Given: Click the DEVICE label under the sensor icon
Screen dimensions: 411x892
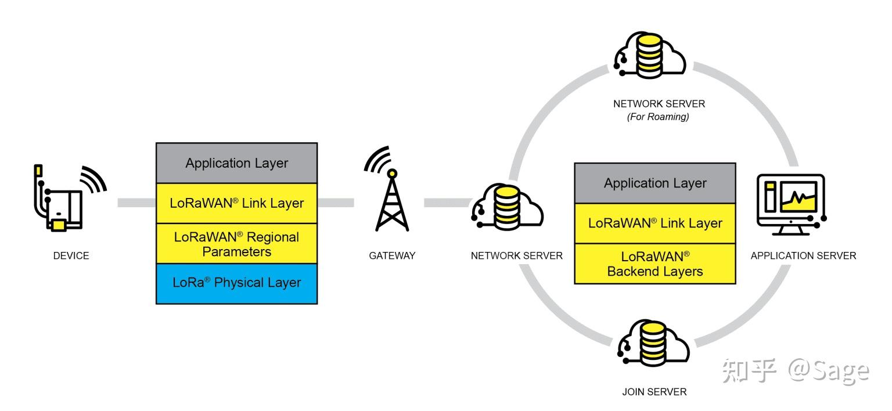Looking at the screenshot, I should click(71, 255).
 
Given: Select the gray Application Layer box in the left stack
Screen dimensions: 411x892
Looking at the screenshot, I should click(236, 163).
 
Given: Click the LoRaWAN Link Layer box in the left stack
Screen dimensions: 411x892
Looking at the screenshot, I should click(236, 203).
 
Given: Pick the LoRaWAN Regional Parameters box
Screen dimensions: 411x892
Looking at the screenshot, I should click(236, 244).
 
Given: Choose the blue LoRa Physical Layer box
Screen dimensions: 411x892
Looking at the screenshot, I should click(236, 283).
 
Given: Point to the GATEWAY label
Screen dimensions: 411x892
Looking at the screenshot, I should click(392, 255).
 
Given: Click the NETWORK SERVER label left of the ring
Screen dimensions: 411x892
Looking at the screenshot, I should click(516, 255).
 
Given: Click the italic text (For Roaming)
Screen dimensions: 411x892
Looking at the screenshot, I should click(659, 117).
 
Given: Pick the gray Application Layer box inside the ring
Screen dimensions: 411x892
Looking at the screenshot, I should click(654, 183).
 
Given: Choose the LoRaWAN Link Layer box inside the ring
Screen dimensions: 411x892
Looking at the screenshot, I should click(654, 223).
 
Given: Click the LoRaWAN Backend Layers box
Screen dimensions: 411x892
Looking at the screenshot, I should click(654, 264).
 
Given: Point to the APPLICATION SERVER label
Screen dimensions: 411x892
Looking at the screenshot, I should click(803, 255).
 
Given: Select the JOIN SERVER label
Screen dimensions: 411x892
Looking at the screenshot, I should click(654, 392).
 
